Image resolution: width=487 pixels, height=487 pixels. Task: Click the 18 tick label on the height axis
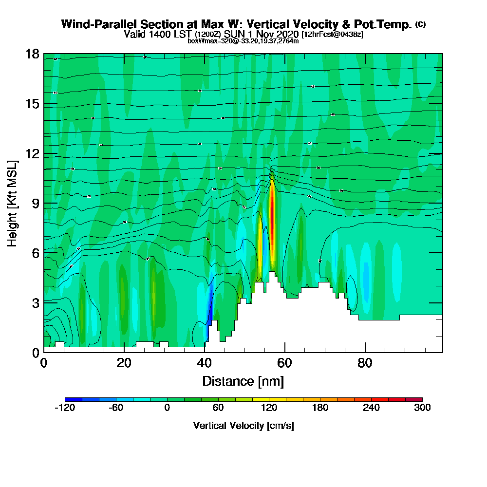32,54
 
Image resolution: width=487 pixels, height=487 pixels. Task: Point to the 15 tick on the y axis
32,104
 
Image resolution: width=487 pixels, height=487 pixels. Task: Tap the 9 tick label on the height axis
35,203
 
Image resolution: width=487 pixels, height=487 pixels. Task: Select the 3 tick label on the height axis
35,302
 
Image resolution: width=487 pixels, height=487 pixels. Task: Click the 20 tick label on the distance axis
124,363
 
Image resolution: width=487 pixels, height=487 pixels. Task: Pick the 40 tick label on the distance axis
205,363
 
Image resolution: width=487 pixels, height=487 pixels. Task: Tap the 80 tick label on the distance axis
365,363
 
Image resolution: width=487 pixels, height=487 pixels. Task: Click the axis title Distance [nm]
243,380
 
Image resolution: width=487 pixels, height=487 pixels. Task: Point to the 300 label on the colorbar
422,408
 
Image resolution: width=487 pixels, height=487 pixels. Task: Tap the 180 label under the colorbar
320,408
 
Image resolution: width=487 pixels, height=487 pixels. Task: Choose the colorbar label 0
167,408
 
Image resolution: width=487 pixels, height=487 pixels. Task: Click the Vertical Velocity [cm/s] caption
243,426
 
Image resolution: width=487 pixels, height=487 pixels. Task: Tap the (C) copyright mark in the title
420,24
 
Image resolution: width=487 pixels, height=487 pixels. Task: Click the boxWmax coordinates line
243,41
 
